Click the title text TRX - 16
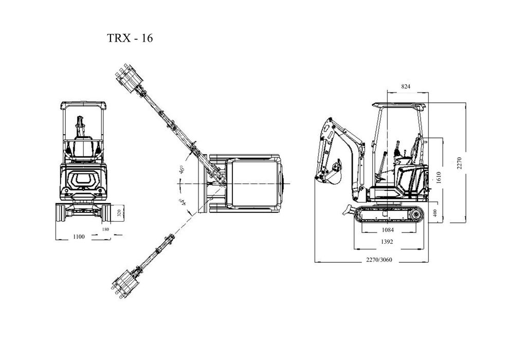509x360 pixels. [x=129, y=38]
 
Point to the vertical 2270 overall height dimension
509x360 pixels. [x=461, y=163]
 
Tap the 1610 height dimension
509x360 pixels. [x=439, y=176]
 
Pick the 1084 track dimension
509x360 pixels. [x=388, y=230]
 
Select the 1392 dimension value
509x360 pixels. [x=388, y=242]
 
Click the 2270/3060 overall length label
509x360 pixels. [x=379, y=259]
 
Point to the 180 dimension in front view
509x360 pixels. [x=106, y=229]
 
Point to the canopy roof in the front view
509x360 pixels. [x=84, y=104]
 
